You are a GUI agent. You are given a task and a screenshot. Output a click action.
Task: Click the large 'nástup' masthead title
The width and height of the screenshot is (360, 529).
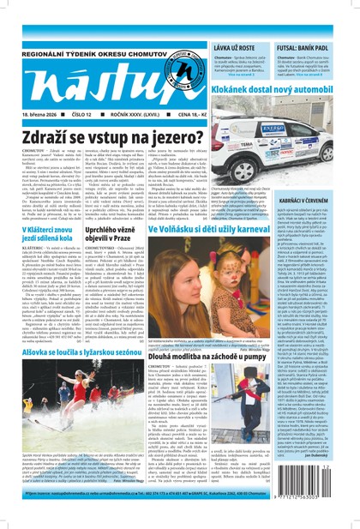(94, 83)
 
